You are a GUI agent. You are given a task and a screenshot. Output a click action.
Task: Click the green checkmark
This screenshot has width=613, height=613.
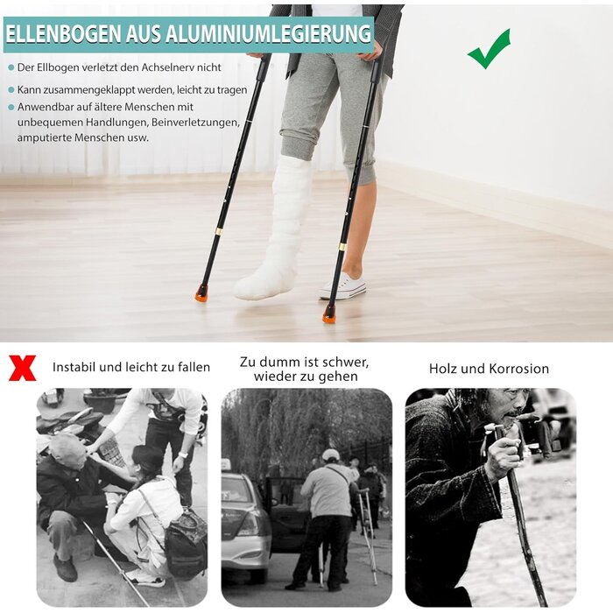(488, 49)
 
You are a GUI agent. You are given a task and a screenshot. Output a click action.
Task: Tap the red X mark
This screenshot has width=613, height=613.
(22, 367)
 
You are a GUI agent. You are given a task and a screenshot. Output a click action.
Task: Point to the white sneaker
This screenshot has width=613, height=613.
(342, 285)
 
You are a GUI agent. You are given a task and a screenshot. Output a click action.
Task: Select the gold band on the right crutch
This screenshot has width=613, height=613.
(342, 248)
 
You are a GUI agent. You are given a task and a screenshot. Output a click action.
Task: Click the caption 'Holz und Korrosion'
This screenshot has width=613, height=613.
(489, 369)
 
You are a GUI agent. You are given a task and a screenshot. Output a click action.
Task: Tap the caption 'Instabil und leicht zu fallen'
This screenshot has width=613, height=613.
(131, 367)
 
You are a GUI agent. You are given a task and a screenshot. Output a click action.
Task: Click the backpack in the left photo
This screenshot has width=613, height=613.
(187, 544)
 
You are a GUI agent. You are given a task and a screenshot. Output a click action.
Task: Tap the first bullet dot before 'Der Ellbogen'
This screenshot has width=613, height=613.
(11, 67)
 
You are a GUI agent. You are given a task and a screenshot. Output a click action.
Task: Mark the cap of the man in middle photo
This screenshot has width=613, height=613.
(330, 454)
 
